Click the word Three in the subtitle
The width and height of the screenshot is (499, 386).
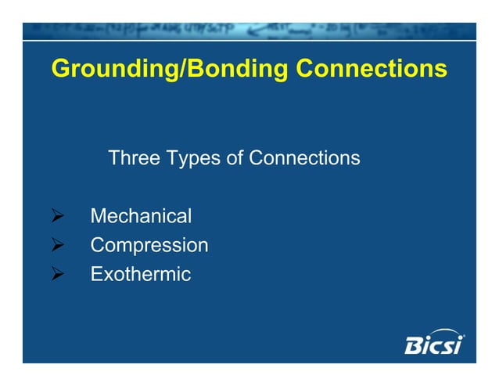pyautogui.click(x=134, y=158)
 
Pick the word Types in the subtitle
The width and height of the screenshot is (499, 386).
pyautogui.click(x=192, y=159)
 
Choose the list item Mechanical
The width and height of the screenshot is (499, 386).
pyautogui.click(x=141, y=215)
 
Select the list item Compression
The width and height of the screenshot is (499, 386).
pyautogui.click(x=149, y=246)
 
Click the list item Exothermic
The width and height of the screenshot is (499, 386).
pyautogui.click(x=141, y=275)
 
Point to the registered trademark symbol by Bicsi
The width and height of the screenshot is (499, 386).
pyautogui.click(x=463, y=337)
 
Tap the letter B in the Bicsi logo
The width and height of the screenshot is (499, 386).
pyautogui.click(x=412, y=345)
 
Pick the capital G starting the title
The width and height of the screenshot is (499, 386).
pyautogui.click(x=60, y=70)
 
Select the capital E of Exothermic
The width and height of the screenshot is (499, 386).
pyautogui.click(x=96, y=275)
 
